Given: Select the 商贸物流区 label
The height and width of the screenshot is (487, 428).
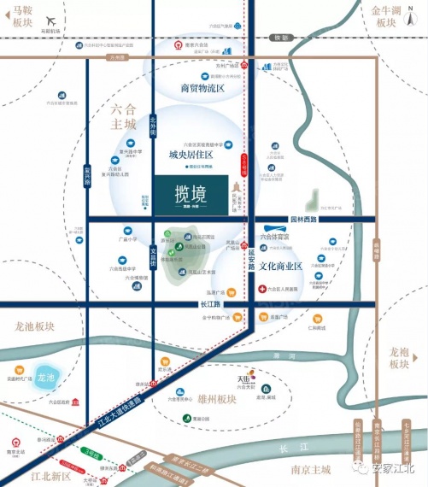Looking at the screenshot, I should coord(202,89).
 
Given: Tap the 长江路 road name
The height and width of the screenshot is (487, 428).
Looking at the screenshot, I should coord(210,304).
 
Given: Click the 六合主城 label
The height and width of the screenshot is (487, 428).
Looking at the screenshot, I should coord(123,116).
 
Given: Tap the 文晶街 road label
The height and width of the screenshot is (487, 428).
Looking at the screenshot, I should coord(154,255).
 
